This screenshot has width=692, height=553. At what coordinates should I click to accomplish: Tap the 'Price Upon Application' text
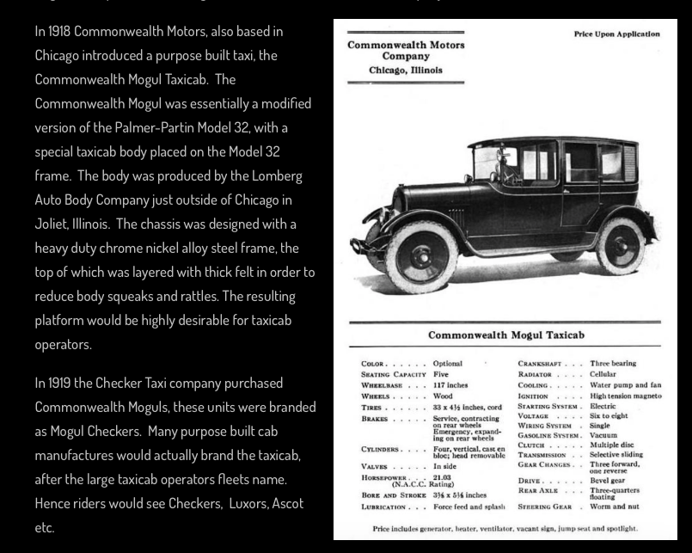[x=616, y=34]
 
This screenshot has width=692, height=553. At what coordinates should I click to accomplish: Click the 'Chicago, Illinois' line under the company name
[x=406, y=70]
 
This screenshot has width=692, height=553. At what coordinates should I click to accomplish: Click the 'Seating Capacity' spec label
[x=391, y=375]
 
